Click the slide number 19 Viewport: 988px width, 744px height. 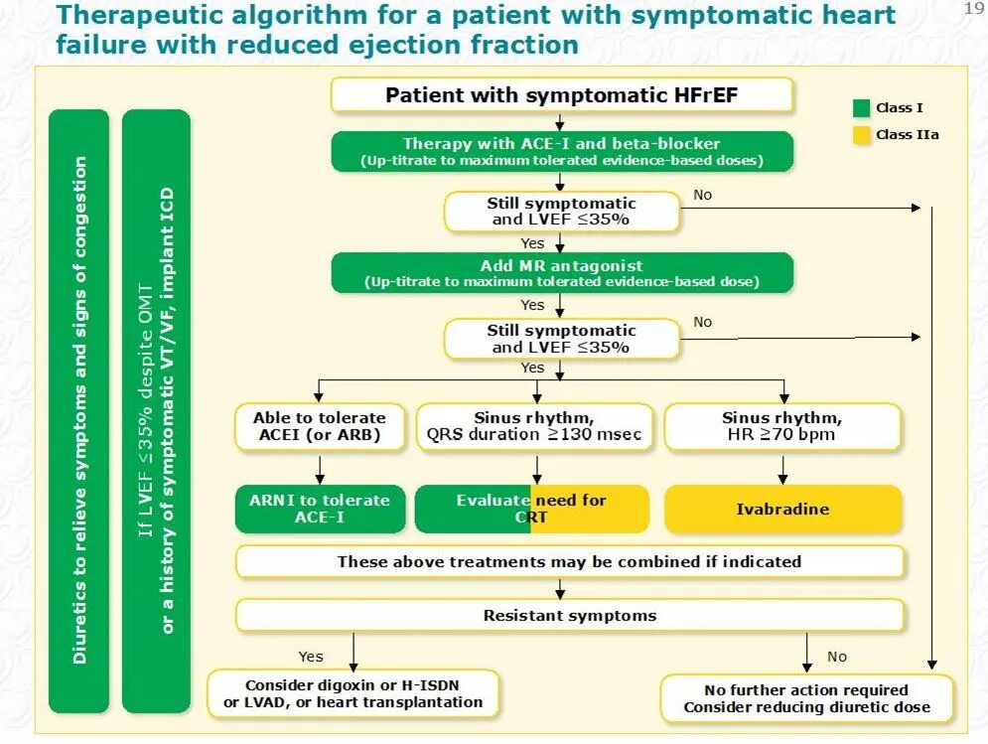(972, 9)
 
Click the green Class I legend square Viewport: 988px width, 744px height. (861, 108)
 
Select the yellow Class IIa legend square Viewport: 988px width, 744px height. (861, 134)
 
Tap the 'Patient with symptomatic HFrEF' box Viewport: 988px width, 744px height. (561, 95)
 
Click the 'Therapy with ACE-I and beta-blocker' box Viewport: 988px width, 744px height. (561, 151)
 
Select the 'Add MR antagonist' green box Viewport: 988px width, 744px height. (561, 272)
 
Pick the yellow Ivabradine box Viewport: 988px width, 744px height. (782, 509)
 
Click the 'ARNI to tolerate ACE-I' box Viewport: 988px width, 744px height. (320, 509)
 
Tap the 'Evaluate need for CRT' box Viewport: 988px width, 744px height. (531, 509)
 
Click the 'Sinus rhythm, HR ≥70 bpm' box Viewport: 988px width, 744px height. (782, 426)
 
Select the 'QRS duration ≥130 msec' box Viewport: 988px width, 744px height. (534, 426)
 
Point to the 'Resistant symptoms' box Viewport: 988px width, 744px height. (570, 616)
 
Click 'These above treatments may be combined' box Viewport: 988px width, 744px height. (570, 561)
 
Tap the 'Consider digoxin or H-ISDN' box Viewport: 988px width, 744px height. (353, 694)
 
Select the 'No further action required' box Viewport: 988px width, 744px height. (806, 698)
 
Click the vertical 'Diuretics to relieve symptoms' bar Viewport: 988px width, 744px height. (79, 410)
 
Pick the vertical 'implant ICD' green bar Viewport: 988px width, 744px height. (156, 410)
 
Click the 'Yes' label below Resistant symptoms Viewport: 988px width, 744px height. (311, 657)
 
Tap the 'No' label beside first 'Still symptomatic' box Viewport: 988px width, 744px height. (703, 195)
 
